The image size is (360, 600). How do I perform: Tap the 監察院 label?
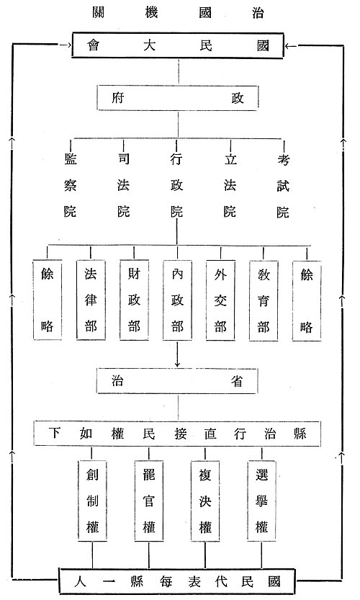coord(70,185)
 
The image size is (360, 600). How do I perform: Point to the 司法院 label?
coord(123,185)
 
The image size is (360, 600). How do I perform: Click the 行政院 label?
coord(176,185)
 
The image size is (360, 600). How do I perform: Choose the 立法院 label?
coord(230,185)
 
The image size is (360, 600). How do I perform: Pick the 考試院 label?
coord(283,185)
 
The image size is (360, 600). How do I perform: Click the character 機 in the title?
coord(151,13)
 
